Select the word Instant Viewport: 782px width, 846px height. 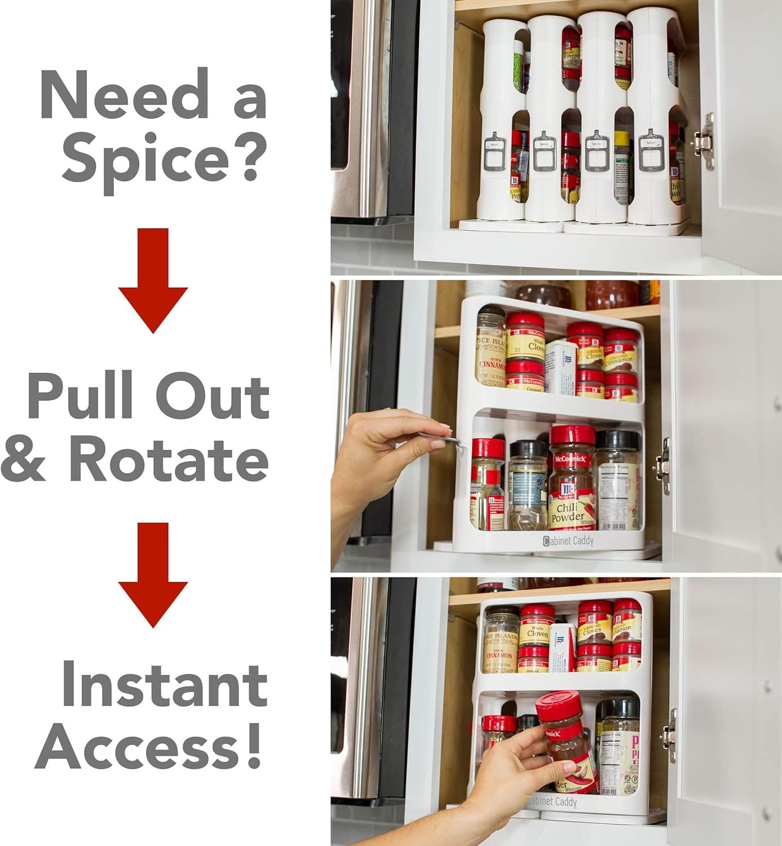point(164,684)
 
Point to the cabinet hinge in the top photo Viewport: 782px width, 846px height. point(704,141)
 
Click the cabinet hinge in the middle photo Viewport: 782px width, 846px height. point(664,466)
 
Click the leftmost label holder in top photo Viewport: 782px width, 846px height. point(494,151)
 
